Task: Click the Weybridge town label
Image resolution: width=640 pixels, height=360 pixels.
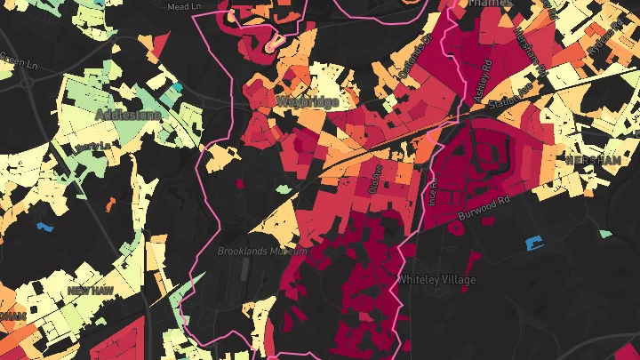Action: point(308,102)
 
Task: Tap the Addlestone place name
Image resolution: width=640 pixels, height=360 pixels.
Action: point(129,116)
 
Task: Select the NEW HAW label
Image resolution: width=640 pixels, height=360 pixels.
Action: point(91,291)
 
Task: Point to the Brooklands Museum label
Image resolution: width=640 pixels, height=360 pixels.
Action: point(262,252)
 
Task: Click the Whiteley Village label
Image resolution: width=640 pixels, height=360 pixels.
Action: point(436,280)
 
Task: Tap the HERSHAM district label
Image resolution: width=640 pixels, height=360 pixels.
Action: point(592,158)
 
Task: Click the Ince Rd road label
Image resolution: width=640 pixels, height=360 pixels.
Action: point(434,189)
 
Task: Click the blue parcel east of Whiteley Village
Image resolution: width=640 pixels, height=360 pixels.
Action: point(534,242)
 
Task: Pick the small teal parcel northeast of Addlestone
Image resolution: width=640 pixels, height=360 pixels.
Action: point(177,87)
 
